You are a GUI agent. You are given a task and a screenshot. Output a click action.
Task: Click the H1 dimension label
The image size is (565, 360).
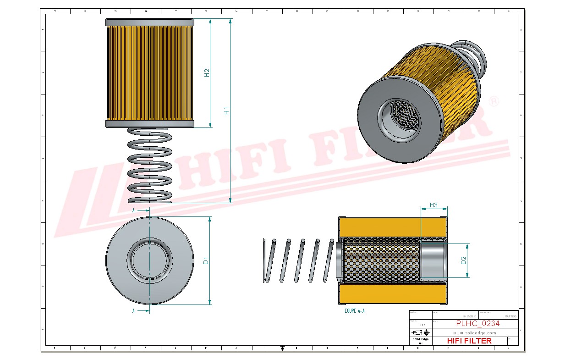(226, 111)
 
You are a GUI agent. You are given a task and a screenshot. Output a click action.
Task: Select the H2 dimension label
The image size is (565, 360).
(207, 72)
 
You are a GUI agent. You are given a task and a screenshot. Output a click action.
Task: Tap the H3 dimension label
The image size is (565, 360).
(433, 205)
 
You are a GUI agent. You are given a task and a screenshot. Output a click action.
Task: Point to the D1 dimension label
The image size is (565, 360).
(206, 260)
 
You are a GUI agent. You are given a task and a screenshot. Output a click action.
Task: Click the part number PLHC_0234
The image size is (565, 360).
(477, 323)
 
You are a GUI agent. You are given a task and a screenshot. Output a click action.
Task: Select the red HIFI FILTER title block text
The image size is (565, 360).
(469, 341)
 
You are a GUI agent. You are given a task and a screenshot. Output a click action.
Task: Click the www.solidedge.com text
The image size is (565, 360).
(475, 332)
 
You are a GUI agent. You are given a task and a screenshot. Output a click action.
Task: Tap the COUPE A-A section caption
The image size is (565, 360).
(354, 310)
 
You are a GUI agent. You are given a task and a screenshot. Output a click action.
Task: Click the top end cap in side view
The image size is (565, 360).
(150, 22)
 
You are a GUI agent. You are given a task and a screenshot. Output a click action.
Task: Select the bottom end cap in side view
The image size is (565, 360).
(150, 124)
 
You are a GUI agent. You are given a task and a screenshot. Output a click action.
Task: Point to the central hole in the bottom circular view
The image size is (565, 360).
(149, 260)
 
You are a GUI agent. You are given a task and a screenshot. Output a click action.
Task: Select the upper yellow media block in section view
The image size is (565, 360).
(380, 227)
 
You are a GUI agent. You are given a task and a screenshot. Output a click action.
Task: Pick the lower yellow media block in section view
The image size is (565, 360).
(380, 294)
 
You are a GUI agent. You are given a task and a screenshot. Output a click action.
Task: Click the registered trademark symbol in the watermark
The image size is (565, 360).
(494, 102)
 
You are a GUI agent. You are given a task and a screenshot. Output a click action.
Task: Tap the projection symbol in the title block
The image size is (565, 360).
(420, 332)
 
